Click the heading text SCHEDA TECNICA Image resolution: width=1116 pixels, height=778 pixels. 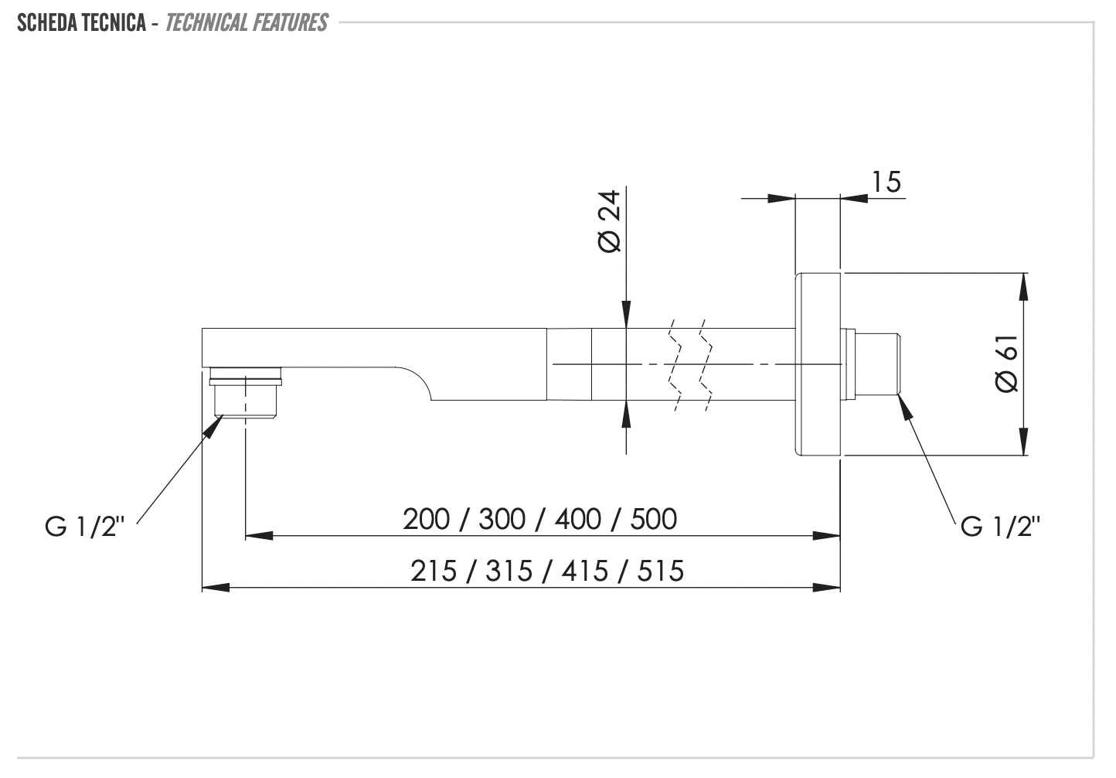point(81,22)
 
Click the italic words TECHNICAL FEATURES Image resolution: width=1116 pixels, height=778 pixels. point(247,22)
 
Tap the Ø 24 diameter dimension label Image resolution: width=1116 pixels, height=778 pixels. point(609,220)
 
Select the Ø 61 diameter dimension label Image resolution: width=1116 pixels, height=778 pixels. point(1007,364)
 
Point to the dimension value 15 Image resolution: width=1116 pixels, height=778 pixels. point(886,182)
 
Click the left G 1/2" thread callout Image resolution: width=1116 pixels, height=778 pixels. point(84,527)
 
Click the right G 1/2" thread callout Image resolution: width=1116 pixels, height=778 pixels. point(1000,527)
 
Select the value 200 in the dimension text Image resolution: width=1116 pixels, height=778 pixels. point(426,519)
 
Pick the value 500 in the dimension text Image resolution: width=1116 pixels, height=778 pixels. point(653,519)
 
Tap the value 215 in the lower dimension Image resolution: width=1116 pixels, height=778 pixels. point(434,572)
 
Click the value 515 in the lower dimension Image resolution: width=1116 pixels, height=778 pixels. point(660,572)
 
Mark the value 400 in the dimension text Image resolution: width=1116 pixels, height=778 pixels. point(577,519)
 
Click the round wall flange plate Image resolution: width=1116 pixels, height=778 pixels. point(818,363)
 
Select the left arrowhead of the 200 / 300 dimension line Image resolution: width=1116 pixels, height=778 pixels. point(260,535)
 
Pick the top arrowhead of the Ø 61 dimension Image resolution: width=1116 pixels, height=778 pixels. point(1024,287)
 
